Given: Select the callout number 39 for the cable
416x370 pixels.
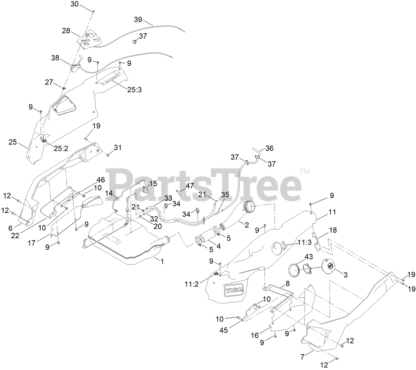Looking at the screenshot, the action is (x=138, y=19).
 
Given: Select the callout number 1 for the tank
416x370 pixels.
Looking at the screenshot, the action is (x=162, y=261).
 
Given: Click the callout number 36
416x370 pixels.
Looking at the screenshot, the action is (x=270, y=148).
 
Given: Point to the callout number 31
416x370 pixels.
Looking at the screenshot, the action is (x=117, y=148).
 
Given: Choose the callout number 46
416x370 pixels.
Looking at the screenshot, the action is (x=101, y=180).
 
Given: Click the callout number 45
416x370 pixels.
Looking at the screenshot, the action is (x=224, y=330).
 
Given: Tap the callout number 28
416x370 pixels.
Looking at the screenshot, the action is (x=66, y=31).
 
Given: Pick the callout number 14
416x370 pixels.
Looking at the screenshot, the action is (x=109, y=193).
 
